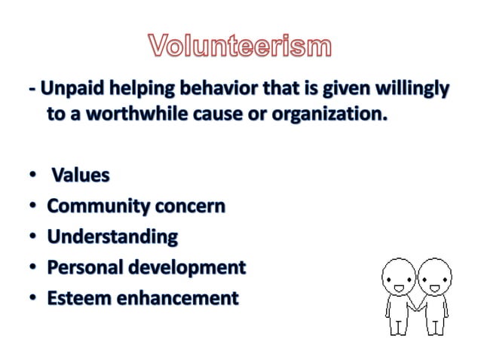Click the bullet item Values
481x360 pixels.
[80, 175]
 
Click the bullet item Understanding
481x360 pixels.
[112, 237]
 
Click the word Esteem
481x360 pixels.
[75, 298]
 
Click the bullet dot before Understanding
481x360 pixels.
[34, 237]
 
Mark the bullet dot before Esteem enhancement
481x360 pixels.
[34, 299]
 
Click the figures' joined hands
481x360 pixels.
[415, 307]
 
